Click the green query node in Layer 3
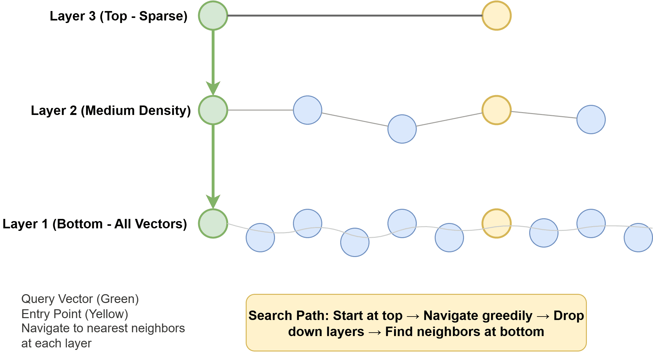213,15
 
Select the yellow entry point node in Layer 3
496,15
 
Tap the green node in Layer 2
213,110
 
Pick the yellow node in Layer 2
496,110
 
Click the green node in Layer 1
213,223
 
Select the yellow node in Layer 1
496,223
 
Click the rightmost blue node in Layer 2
591,119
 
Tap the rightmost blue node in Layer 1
638,237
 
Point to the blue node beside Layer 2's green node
307,110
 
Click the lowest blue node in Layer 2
402,129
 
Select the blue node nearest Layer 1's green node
260,237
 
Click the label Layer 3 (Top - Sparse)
118,16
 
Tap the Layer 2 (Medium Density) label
111,110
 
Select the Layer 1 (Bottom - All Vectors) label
95,224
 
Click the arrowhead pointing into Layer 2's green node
213,88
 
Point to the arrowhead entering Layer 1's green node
213,202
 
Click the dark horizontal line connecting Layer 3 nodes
354,15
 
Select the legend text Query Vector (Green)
80,299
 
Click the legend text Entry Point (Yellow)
75,314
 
